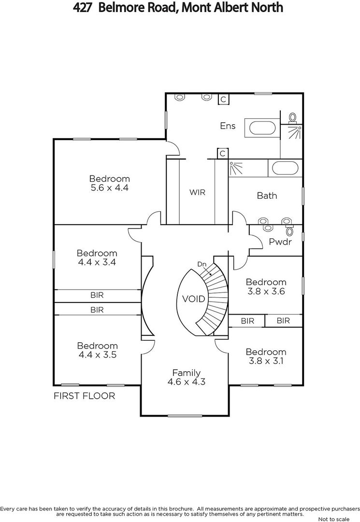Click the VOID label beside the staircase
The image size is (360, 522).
(194, 299)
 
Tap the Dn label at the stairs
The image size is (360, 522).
(202, 264)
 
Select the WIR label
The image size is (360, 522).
(197, 192)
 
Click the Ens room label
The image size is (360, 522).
(228, 126)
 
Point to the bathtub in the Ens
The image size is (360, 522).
(262, 128)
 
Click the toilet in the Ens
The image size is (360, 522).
(292, 118)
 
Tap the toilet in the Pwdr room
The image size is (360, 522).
(290, 231)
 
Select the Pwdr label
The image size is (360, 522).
(280, 242)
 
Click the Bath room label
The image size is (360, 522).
(267, 195)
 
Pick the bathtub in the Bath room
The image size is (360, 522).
(285, 168)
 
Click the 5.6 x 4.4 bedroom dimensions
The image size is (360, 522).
(110, 188)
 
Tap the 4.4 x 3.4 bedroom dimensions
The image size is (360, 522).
(97, 262)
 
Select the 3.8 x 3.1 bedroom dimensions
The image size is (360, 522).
(266, 361)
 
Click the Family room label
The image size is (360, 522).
(187, 373)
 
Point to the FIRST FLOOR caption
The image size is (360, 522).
(85, 396)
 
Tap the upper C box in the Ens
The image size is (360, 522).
(223, 99)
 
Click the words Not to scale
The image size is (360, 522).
(334, 519)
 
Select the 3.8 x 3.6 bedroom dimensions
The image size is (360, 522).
(266, 291)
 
